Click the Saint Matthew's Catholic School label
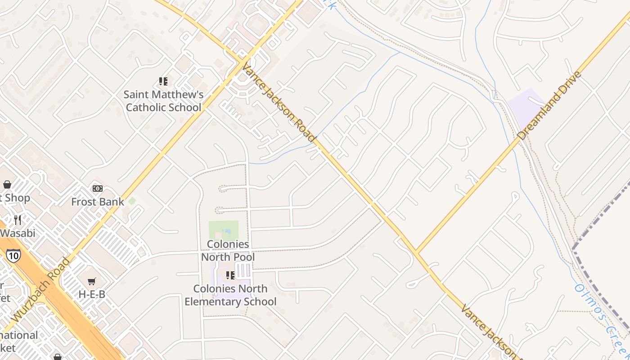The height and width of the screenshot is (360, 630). point(163,101)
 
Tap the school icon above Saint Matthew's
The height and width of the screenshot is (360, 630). point(163,81)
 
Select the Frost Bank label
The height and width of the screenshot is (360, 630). point(98,202)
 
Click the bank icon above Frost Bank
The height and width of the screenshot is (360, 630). point(98,188)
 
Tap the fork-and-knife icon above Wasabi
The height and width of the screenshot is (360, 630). point(18,220)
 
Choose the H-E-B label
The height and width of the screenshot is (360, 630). point(92,294)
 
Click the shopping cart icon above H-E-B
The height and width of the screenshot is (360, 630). point(92,281)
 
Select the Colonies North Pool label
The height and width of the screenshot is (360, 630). point(228,251)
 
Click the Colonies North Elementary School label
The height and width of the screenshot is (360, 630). point(230,295)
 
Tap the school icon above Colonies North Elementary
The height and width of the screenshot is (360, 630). point(230,275)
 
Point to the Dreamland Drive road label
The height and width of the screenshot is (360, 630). point(549,105)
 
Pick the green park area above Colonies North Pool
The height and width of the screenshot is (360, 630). point(223,229)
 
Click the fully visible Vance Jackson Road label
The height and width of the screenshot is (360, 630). point(279,103)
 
